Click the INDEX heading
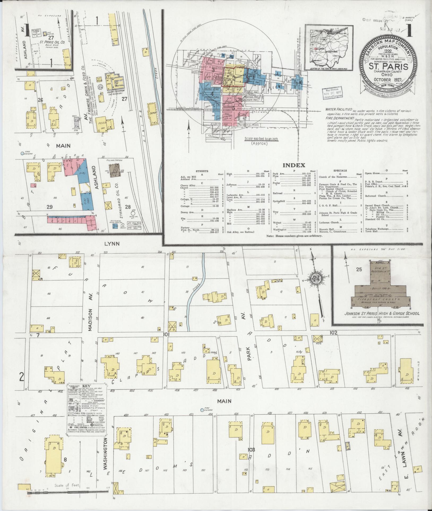297,165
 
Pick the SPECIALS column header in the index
340,171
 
